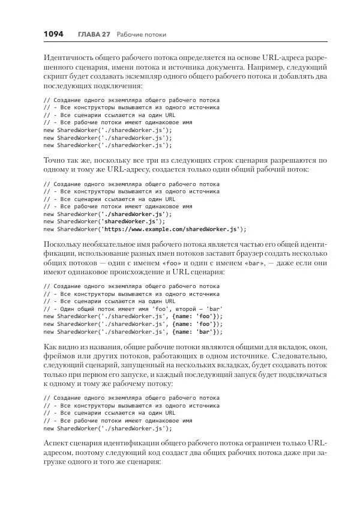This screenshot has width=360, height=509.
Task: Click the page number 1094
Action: point(53,34)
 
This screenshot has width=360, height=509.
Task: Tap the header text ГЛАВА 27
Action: point(94,34)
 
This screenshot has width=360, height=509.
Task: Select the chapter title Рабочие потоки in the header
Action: point(142,34)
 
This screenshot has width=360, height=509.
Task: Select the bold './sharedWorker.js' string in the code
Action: point(133,213)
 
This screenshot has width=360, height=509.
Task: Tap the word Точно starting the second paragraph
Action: point(55,161)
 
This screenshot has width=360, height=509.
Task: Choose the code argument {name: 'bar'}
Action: point(197,331)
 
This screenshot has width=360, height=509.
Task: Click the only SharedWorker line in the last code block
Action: point(107,428)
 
